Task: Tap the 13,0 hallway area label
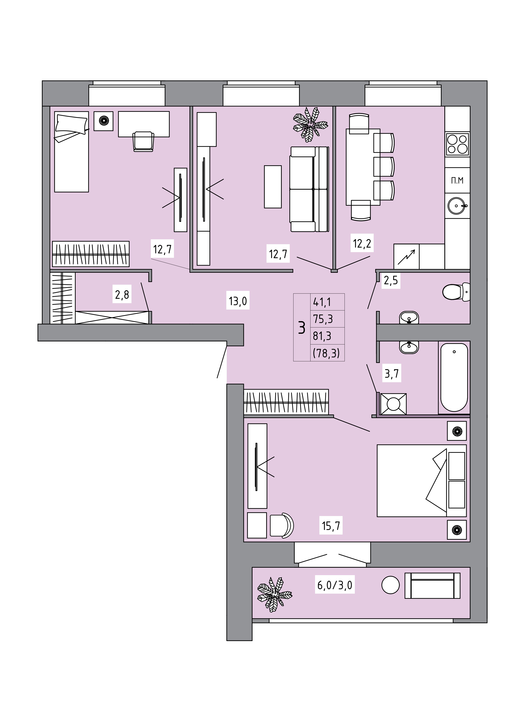pyautogui.click(x=238, y=301)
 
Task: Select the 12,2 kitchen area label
pyautogui.click(x=362, y=243)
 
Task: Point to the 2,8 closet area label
pyautogui.click(x=122, y=294)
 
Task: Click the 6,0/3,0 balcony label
pyautogui.click(x=335, y=585)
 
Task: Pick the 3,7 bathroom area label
pyautogui.click(x=392, y=374)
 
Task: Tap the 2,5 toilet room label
pyautogui.click(x=391, y=280)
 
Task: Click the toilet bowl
pyautogui.click(x=456, y=292)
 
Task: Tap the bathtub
pyautogui.click(x=454, y=377)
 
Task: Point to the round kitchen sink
pyautogui.click(x=457, y=206)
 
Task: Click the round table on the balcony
pyautogui.click(x=390, y=585)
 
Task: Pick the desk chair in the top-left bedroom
pyautogui.click(x=143, y=142)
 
